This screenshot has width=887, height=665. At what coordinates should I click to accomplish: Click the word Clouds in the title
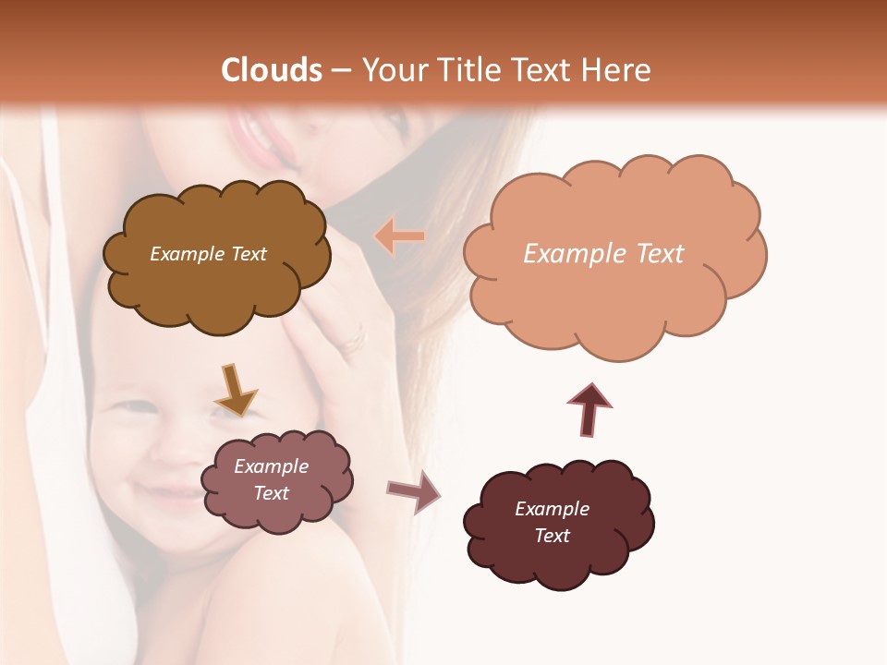272,70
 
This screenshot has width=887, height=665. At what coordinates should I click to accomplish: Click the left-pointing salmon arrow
399,236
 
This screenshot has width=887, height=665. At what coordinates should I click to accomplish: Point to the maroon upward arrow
589,409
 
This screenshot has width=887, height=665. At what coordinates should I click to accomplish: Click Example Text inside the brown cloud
208,254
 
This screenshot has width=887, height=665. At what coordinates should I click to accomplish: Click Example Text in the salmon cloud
603,254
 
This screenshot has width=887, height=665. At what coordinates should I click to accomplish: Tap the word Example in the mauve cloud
271,466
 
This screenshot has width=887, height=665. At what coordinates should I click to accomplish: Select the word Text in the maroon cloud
552,536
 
